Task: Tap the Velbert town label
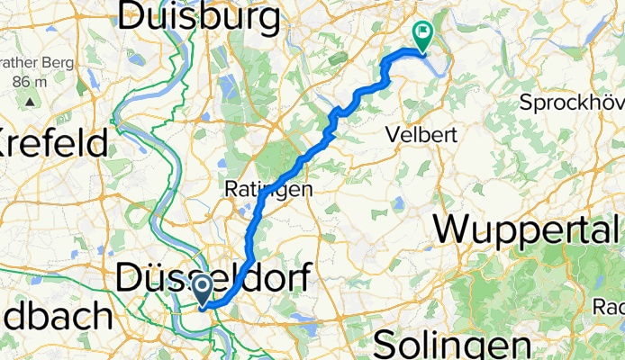coord(422,134)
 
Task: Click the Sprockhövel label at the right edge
coord(572,102)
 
